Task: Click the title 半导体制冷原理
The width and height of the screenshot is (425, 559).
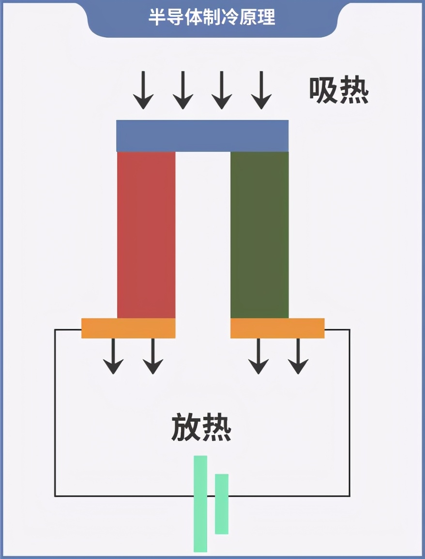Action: point(212,17)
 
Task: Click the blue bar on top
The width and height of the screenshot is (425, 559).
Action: point(202,136)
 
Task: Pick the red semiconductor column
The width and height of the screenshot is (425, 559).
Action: point(146,235)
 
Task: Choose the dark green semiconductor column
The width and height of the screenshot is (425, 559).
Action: point(259,235)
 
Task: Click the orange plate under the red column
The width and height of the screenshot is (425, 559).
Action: point(128,328)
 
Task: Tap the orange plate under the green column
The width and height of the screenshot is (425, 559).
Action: point(277,328)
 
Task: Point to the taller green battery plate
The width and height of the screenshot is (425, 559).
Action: point(200,503)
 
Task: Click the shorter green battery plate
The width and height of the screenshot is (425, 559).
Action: point(222,504)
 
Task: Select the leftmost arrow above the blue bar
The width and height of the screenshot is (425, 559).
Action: point(143,90)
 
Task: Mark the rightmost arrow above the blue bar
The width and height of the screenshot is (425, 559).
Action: point(261,90)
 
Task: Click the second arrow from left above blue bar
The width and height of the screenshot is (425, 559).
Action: point(183,90)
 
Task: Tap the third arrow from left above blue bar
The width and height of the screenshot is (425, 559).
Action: point(222,90)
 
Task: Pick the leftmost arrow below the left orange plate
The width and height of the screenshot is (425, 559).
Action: point(113,356)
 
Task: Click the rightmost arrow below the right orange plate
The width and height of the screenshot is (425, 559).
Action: point(298,356)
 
